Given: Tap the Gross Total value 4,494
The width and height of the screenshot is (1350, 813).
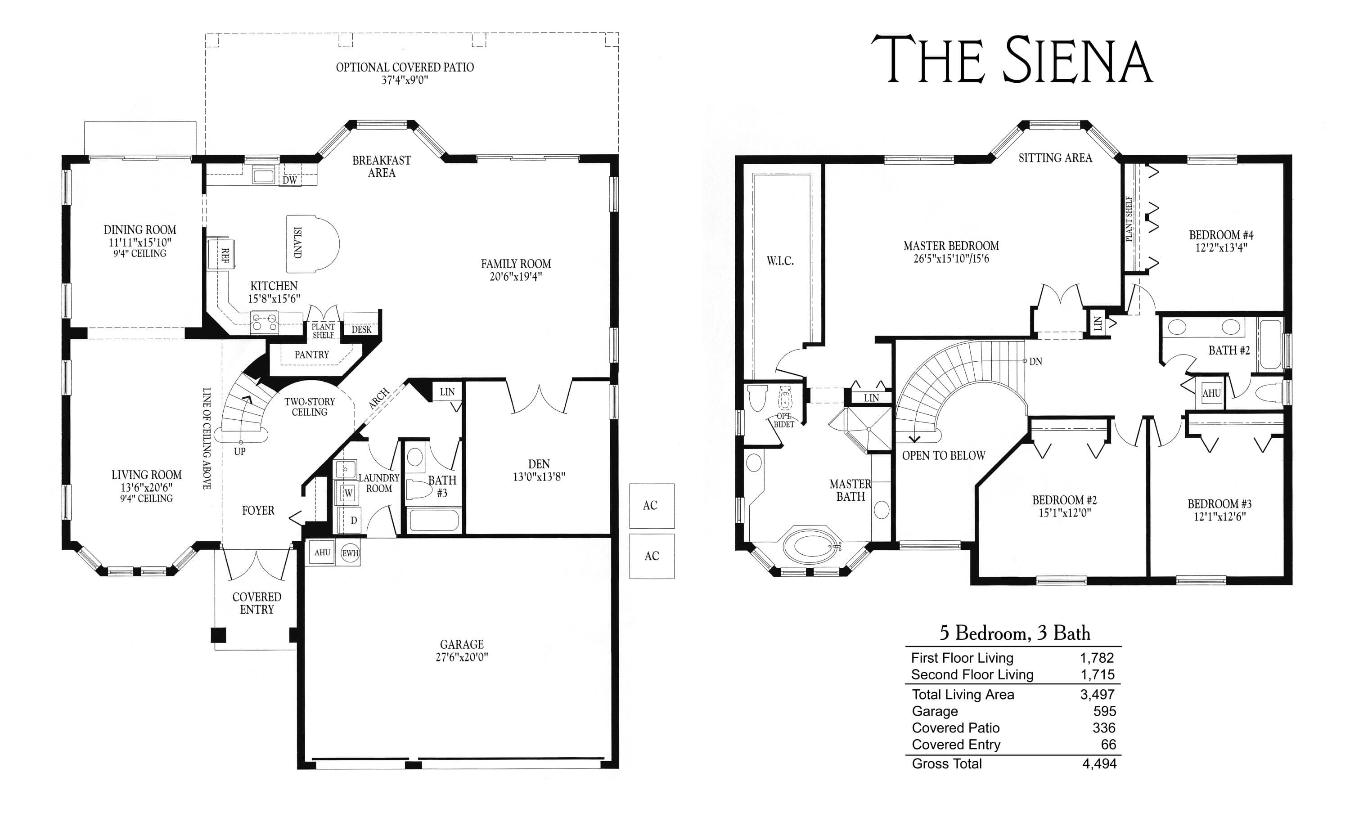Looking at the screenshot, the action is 1099,764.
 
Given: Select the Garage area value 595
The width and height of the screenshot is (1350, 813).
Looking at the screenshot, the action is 1105,711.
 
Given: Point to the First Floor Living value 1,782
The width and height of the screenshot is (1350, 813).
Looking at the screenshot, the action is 1097,658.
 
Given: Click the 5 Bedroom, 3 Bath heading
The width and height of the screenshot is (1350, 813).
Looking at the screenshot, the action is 1015,633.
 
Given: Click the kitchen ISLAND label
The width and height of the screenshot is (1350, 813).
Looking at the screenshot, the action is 297,243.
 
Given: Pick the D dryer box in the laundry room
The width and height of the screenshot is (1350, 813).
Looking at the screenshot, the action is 353,521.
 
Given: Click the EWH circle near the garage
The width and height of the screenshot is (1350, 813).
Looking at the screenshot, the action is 350,553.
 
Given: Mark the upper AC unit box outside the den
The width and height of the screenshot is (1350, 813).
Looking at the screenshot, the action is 652,506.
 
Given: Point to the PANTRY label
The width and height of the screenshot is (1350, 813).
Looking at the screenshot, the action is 312,355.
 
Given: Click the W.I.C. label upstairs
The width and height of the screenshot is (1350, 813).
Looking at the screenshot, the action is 780,261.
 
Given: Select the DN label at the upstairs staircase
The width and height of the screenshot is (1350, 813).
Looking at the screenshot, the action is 1035,362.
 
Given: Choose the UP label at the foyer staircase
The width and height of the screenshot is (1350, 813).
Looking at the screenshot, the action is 239,451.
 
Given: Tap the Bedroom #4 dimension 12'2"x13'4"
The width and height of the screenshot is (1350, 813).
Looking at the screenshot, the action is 1221,247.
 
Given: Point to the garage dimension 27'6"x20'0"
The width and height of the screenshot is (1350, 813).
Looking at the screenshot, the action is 461,657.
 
